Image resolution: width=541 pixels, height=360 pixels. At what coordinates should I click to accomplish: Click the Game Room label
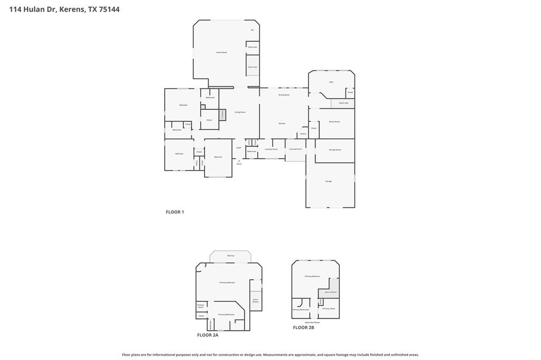click(221, 52)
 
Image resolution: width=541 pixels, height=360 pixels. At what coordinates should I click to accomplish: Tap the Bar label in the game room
click(253, 30)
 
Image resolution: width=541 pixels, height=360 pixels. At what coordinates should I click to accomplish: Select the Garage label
click(329, 181)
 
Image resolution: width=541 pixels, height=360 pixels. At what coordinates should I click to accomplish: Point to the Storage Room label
click(335, 150)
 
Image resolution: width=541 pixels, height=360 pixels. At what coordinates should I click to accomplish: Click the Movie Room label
click(334, 121)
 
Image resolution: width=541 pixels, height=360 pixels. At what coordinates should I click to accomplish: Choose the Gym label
click(331, 82)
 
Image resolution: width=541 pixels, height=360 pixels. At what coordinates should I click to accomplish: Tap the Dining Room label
click(284, 94)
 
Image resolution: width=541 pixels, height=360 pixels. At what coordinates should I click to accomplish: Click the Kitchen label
click(282, 124)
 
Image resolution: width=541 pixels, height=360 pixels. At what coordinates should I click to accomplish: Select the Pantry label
click(303, 134)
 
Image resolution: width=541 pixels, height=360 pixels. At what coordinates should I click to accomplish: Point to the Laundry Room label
click(271, 149)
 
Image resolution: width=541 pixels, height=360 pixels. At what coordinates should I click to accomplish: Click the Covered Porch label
click(295, 149)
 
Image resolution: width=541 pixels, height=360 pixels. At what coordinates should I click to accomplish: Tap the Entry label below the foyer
click(239, 164)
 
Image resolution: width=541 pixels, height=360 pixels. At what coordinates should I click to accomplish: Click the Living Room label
click(240, 112)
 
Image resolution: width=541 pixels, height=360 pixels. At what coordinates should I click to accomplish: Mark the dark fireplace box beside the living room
click(222, 114)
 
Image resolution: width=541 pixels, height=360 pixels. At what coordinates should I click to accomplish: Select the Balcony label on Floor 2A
click(230, 255)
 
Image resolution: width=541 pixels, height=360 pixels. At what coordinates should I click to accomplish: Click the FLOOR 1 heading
click(175, 212)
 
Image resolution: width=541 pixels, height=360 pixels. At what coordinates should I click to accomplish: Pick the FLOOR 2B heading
click(304, 327)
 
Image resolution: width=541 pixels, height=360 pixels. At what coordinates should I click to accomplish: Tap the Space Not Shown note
click(312, 322)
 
